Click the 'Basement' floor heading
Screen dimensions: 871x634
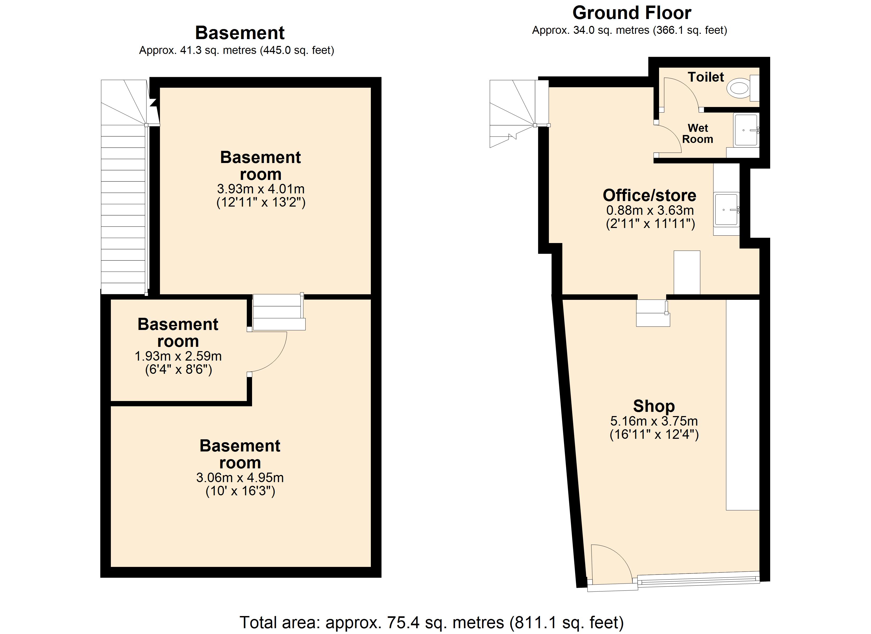[240, 33]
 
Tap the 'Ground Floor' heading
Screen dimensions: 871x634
[632, 13]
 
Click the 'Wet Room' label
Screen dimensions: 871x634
[697, 133]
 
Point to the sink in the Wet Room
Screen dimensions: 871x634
[746, 130]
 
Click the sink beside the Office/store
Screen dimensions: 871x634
[726, 209]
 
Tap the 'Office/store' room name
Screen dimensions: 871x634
[649, 195]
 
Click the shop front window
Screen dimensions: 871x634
[698, 579]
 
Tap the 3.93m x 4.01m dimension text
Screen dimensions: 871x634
[261, 189]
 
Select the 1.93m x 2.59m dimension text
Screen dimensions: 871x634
[178, 356]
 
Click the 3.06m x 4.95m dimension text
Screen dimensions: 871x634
[240, 478]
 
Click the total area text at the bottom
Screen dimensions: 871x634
[432, 622]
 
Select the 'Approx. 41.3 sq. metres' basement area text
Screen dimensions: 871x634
[198, 50]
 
